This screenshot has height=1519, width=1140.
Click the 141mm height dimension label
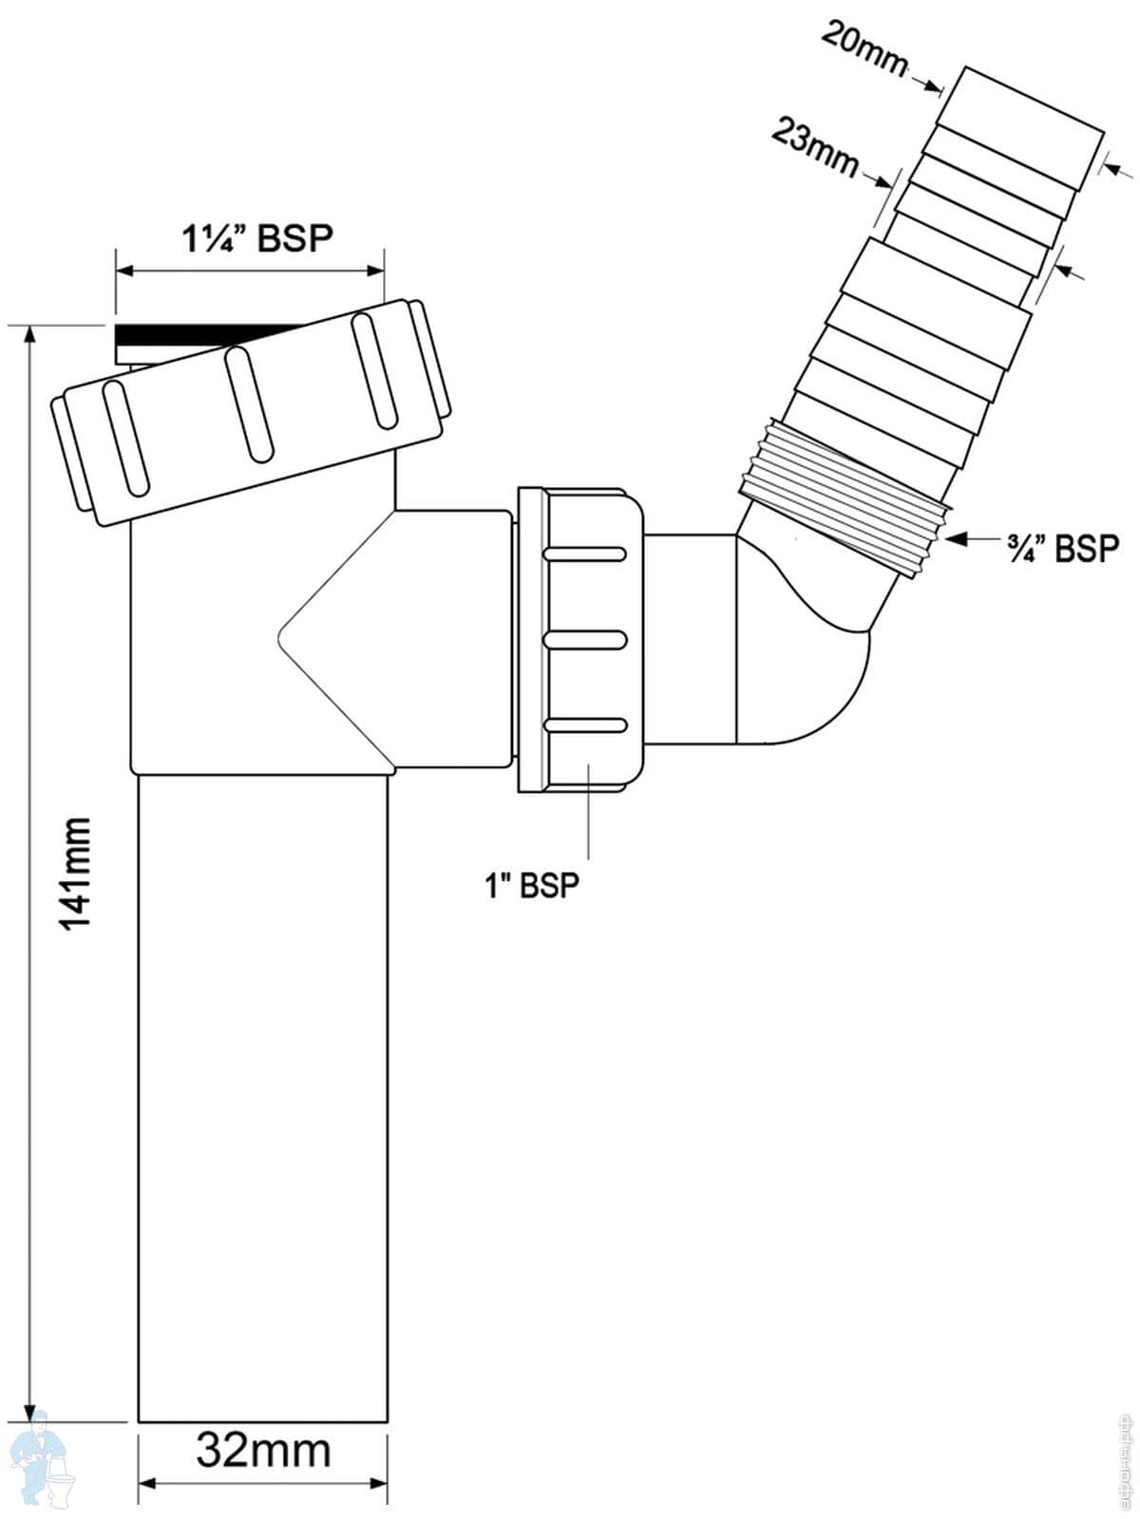74,873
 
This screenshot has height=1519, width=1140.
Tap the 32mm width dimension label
263,1451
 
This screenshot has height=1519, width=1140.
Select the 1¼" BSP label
257,238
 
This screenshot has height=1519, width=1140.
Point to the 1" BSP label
531,886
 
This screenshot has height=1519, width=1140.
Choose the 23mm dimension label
815,145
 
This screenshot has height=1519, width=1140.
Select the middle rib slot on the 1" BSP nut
584,639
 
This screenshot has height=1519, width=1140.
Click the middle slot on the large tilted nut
248,404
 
